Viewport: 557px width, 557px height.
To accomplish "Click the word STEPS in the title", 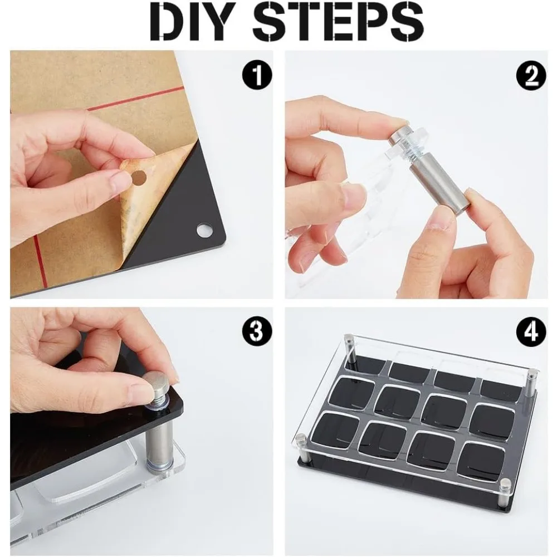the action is coord(338,22).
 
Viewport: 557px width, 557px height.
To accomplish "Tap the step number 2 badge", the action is coord(531,75).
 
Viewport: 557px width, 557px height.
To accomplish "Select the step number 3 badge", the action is coord(257,331).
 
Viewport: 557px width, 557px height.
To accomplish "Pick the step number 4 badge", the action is coord(531,331).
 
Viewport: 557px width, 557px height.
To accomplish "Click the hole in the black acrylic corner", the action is coord(204,230).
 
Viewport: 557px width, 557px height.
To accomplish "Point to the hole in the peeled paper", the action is coord(138,178).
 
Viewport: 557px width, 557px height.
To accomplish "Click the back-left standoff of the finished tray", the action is coord(351,351).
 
